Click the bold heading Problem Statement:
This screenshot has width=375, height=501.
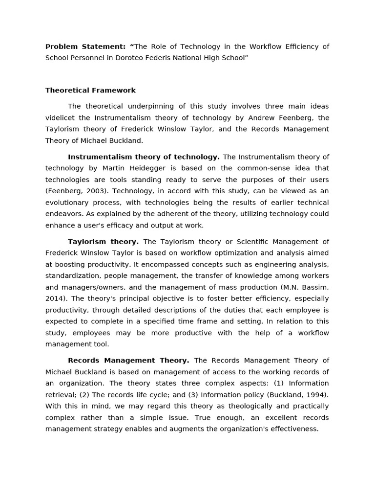pos(85,46)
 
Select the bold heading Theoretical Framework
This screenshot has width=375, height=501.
pos(90,91)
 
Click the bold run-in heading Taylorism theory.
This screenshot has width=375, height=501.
pos(103,242)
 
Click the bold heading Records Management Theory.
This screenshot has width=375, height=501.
pos(128,361)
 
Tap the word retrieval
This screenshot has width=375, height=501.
pos(60,395)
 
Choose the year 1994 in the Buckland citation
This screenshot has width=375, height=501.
pos(317,395)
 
